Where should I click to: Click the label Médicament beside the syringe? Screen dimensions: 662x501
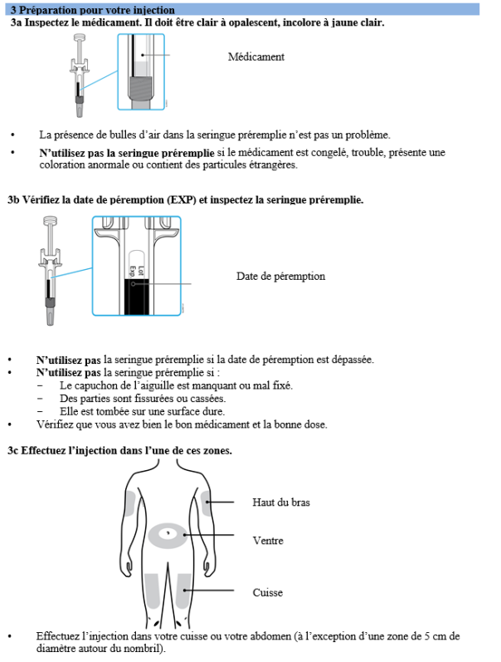(x=256, y=57)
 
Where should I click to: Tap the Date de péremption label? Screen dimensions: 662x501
(x=280, y=277)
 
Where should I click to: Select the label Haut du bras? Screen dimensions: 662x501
(x=281, y=503)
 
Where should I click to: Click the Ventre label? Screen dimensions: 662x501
(x=268, y=541)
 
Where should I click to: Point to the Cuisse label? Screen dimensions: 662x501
(x=267, y=593)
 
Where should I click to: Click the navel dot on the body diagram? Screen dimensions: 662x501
(x=169, y=532)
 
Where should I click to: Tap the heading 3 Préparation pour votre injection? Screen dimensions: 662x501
(x=92, y=9)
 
